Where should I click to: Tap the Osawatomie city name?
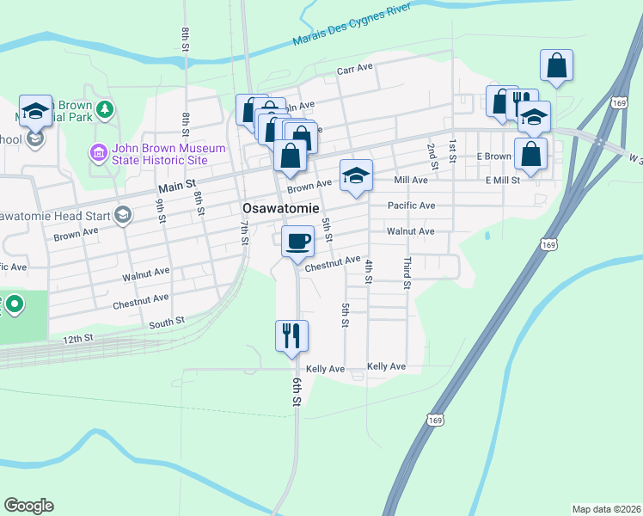click(x=280, y=209)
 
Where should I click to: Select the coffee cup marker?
click(x=297, y=241)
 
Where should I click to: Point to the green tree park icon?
click(x=105, y=109)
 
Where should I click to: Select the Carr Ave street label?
click(x=354, y=71)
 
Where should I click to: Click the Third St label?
click(x=407, y=272)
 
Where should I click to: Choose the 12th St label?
click(x=77, y=339)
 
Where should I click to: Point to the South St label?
click(x=167, y=322)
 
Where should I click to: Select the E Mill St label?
click(x=503, y=180)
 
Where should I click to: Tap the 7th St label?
click(x=244, y=233)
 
